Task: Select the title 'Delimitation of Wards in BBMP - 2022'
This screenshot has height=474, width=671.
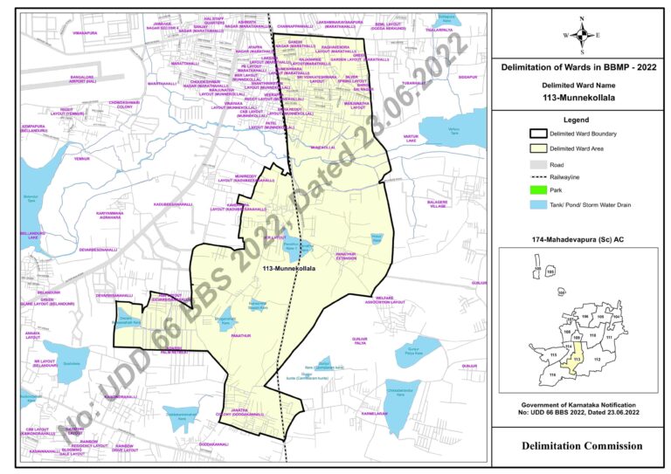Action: [578, 66]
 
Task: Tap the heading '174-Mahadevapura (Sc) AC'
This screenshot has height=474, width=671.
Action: [578, 238]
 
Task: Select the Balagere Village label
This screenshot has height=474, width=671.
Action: [437, 204]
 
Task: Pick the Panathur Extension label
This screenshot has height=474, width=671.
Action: [328, 255]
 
